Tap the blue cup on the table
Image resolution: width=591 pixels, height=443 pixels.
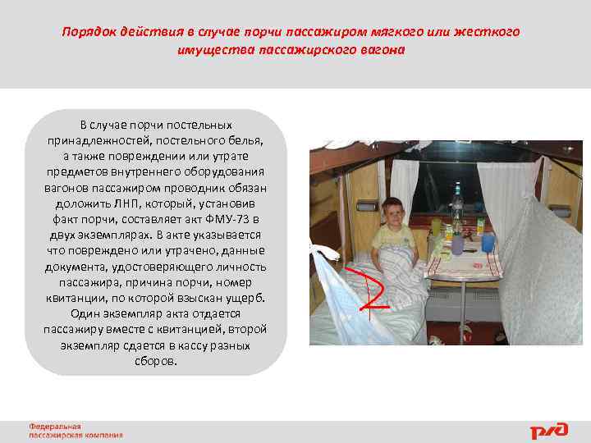tap(488, 242)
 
